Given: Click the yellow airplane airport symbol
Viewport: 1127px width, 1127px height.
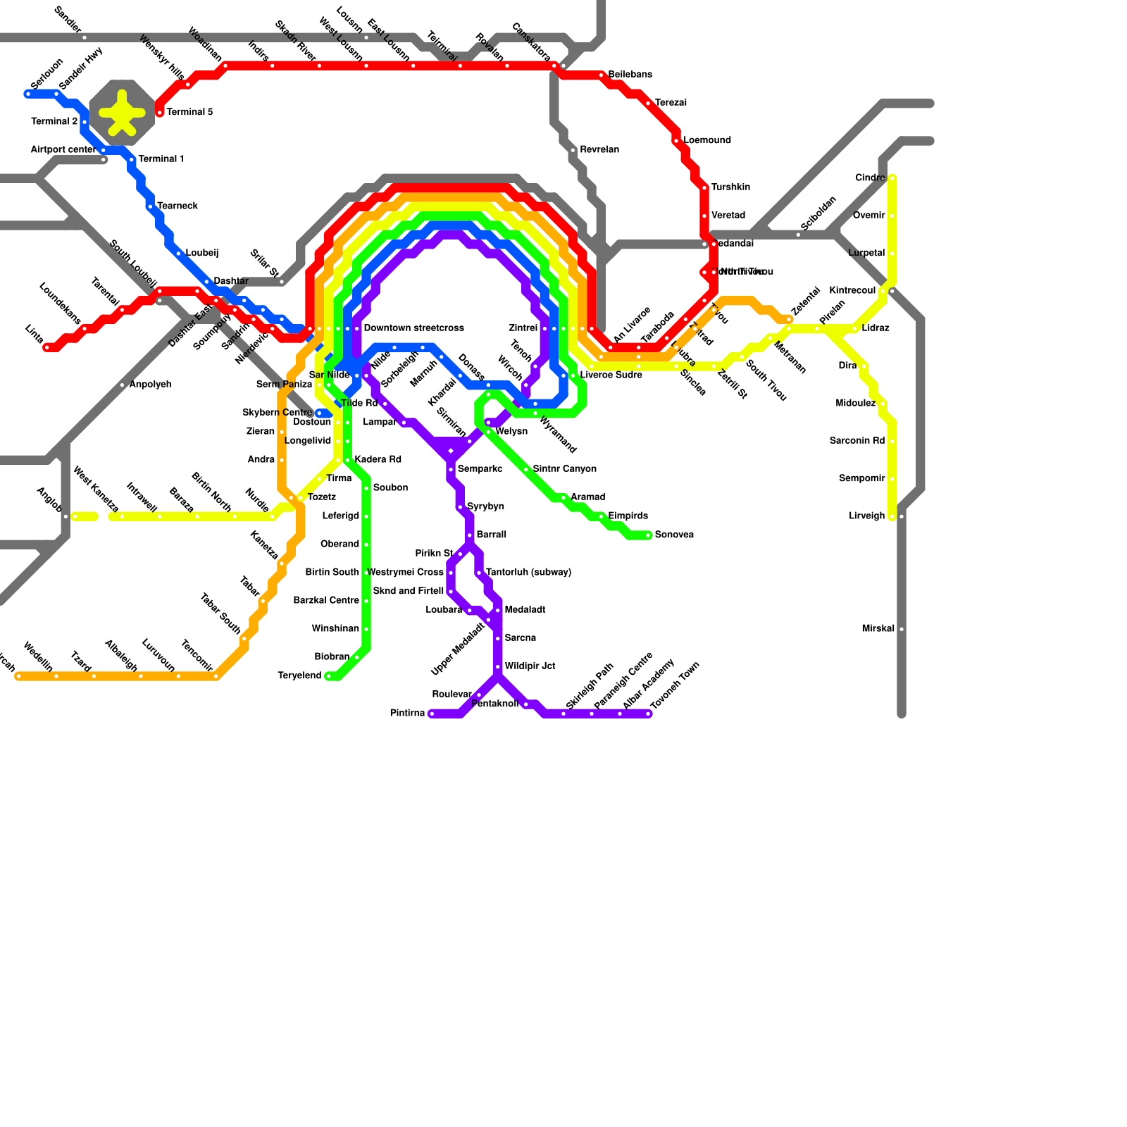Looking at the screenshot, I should point(122,113).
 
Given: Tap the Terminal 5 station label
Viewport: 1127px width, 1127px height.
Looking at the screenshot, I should point(189,112).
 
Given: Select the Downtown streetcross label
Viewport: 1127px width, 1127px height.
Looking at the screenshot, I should point(413,328).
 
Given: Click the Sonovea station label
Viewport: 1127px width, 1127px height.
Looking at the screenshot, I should point(674,535).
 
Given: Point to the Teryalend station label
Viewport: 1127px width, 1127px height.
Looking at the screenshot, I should point(299,675).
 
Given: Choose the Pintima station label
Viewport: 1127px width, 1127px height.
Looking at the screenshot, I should point(407,714).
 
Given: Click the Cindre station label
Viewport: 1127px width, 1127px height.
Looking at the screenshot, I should point(870,178).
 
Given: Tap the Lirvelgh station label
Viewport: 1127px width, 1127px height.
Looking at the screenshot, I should point(866,516).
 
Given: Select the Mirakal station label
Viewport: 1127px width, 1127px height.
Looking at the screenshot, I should point(878,628).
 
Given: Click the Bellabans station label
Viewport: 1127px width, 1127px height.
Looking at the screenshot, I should point(630,75).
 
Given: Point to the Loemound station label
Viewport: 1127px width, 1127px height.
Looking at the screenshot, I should point(706,140).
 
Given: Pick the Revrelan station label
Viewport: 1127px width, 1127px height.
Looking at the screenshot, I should point(599,150).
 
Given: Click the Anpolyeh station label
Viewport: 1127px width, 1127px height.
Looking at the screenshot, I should point(150,385).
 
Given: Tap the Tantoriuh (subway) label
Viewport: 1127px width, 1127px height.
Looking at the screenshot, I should point(528,572).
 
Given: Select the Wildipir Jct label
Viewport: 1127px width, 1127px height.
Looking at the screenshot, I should point(530,666).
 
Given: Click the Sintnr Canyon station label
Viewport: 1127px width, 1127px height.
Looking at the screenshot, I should point(564,469).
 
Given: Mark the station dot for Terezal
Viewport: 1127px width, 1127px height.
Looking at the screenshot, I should point(648,104).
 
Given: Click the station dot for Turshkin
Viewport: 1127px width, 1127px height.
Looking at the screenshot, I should point(704,188).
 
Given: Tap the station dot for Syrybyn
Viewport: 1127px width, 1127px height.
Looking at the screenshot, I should point(460,507).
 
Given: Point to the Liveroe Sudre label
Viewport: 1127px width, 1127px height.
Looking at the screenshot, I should point(611,375).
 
